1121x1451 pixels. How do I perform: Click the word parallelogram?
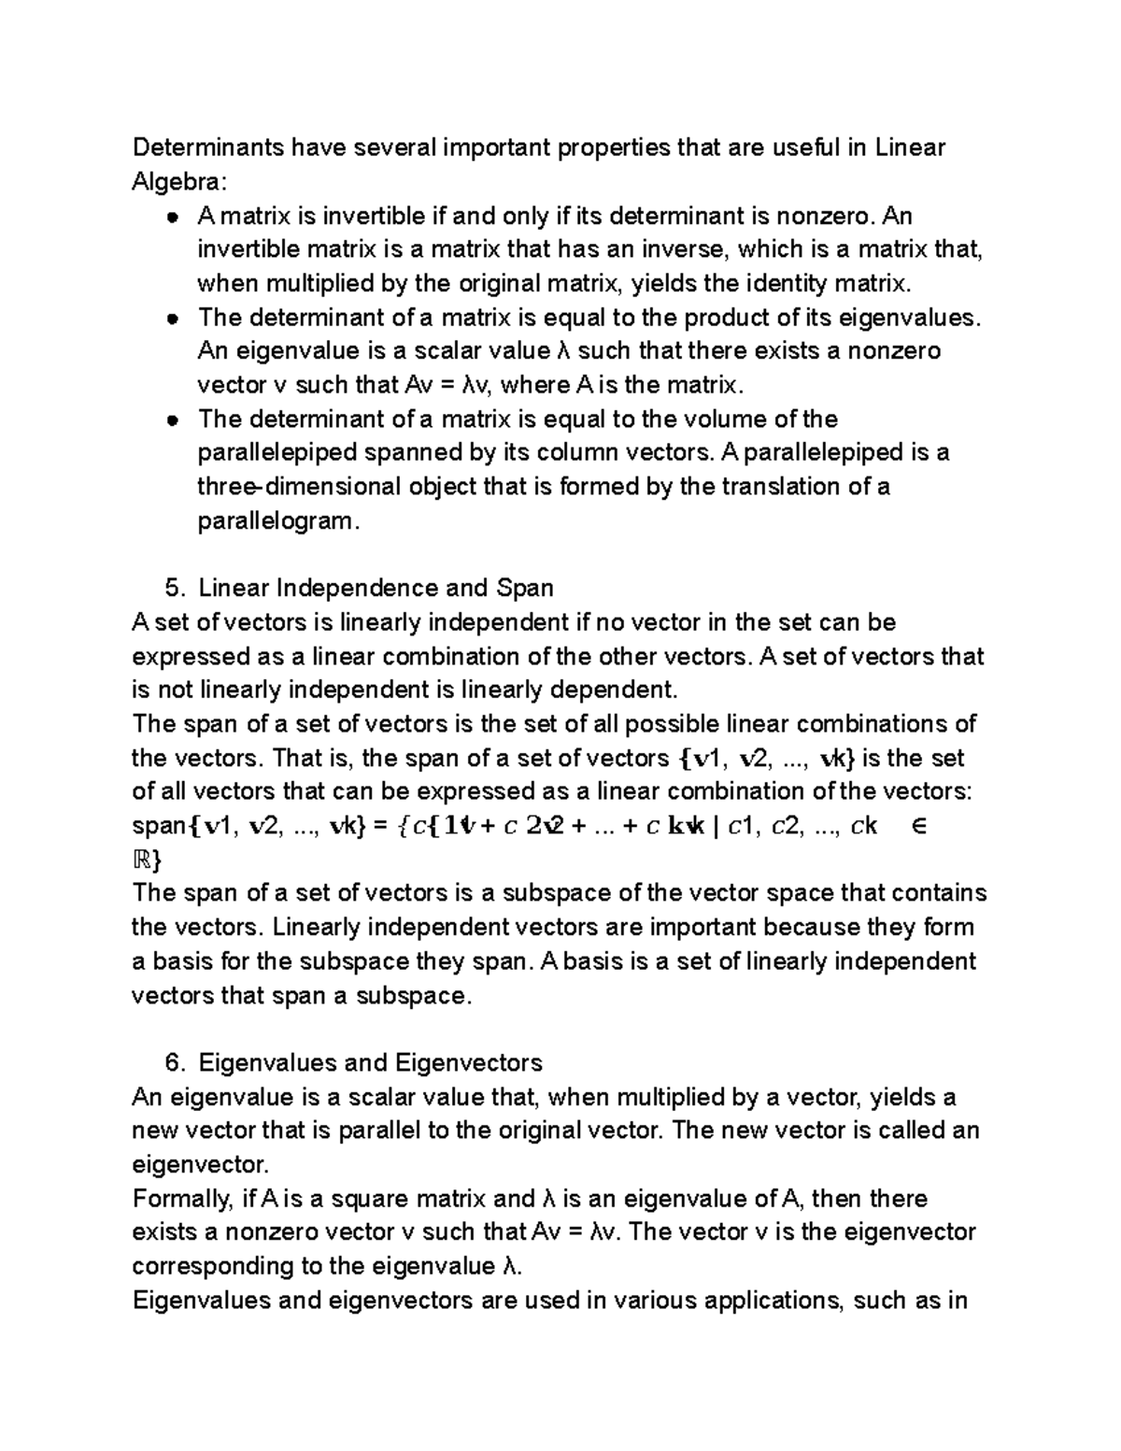click(277, 520)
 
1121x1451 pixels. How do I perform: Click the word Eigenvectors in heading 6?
click(468, 1062)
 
